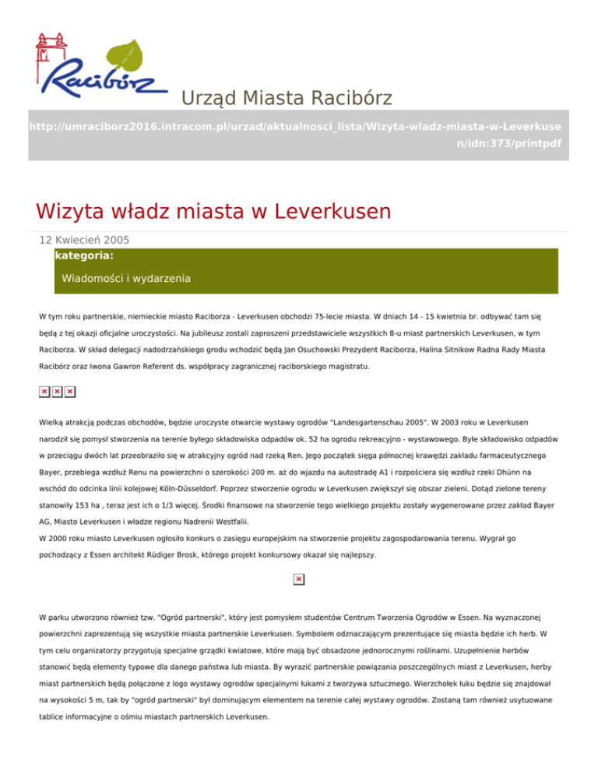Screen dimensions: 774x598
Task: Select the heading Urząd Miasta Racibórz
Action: (x=287, y=98)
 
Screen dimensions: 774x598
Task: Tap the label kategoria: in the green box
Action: (x=85, y=255)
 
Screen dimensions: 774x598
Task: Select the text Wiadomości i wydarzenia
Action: (x=126, y=278)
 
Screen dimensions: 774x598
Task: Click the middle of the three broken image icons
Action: (x=57, y=391)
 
